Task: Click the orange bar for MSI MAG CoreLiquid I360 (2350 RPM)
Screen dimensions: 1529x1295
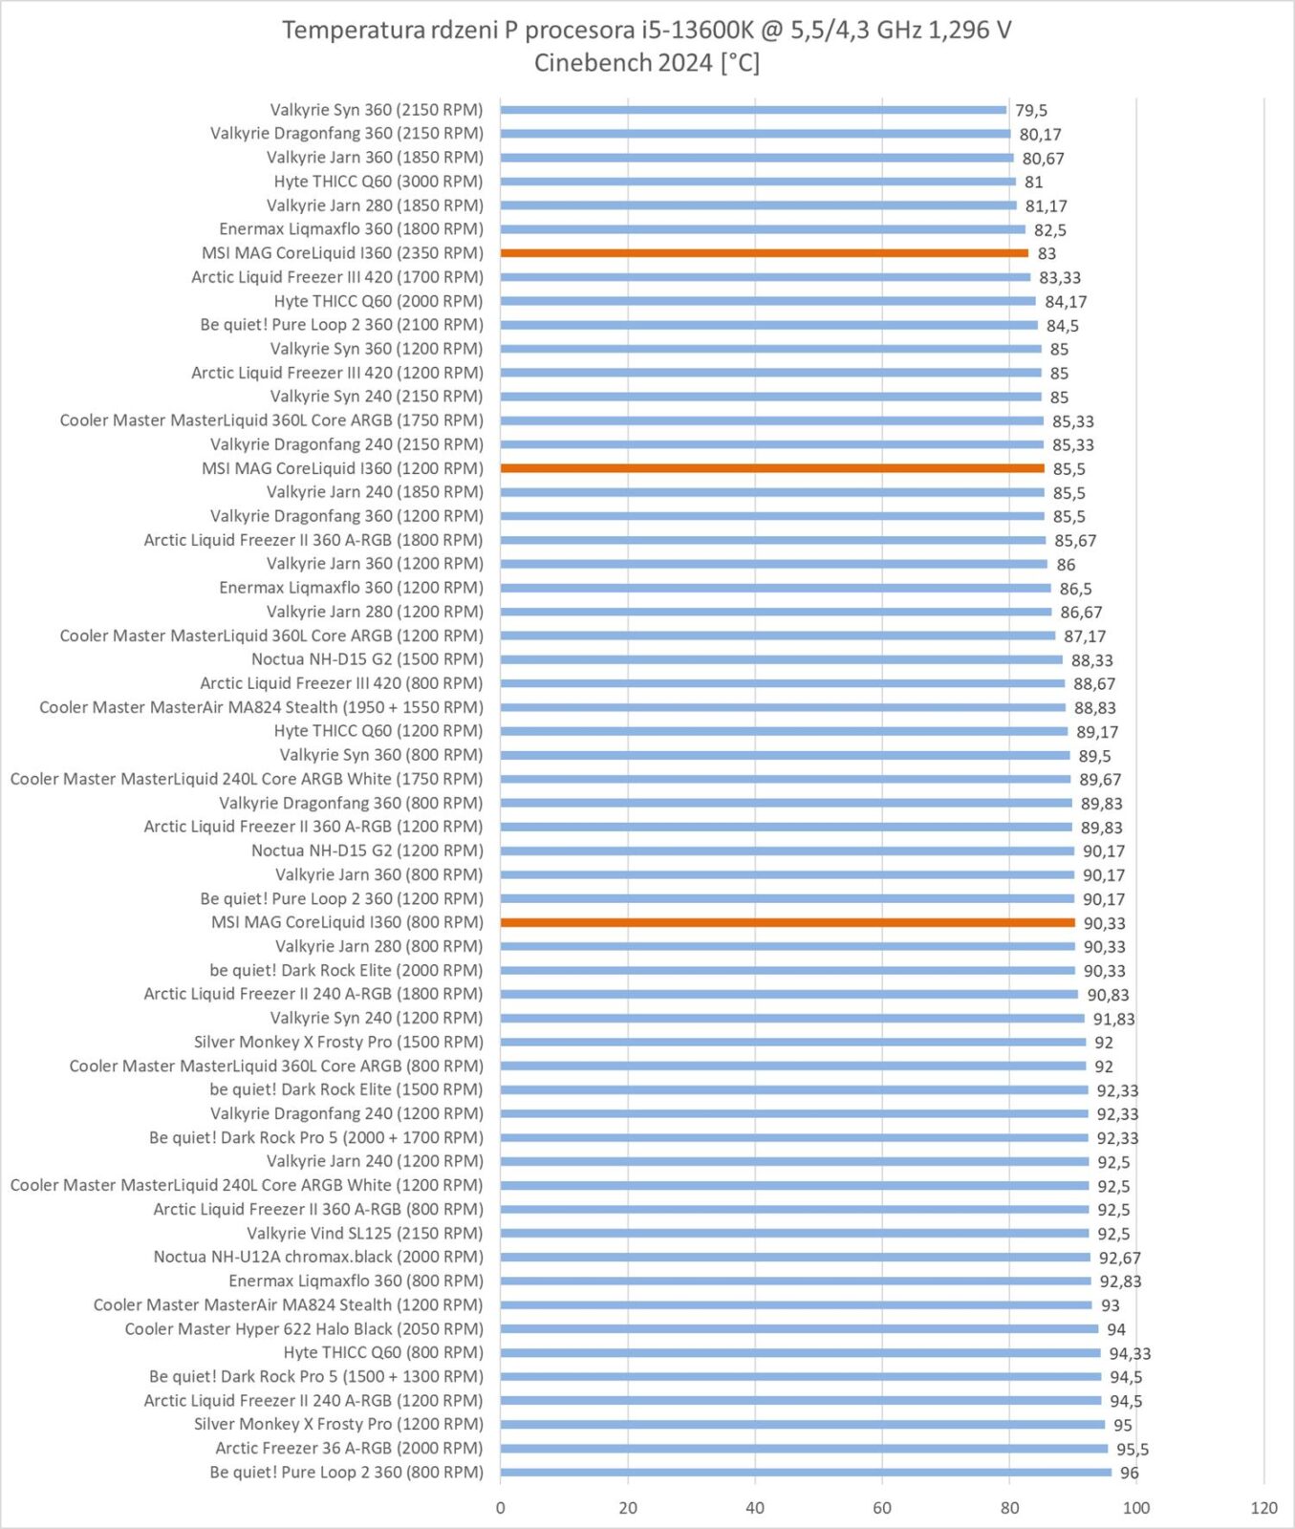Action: click(764, 253)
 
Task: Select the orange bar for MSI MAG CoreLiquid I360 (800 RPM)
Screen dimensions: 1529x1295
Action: click(788, 922)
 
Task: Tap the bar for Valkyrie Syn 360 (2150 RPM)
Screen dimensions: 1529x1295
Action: click(753, 110)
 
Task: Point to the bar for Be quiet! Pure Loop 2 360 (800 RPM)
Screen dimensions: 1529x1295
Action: click(806, 1473)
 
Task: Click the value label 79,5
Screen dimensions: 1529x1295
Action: click(1031, 111)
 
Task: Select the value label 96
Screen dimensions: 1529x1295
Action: click(1130, 1473)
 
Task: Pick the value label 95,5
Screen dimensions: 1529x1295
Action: click(1133, 1449)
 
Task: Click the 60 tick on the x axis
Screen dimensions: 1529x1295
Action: click(882, 1508)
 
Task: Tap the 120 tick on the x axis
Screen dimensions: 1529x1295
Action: click(1263, 1508)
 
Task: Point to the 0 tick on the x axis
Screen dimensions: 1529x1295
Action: click(501, 1508)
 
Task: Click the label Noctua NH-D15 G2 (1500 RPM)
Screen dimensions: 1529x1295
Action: click(367, 659)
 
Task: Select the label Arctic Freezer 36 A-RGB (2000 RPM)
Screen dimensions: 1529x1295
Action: click(349, 1448)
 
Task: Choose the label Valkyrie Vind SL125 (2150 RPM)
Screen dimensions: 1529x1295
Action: click(365, 1233)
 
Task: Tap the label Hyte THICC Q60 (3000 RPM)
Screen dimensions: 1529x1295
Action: click(378, 182)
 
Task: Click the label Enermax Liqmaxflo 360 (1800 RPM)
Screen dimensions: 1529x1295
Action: click(351, 229)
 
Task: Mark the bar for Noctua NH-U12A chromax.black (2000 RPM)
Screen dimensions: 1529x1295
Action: click(795, 1258)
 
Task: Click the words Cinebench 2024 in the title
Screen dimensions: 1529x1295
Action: click(623, 63)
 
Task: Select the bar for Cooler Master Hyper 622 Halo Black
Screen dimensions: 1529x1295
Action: click(799, 1329)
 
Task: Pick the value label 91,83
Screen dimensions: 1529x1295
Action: click(1113, 1019)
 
